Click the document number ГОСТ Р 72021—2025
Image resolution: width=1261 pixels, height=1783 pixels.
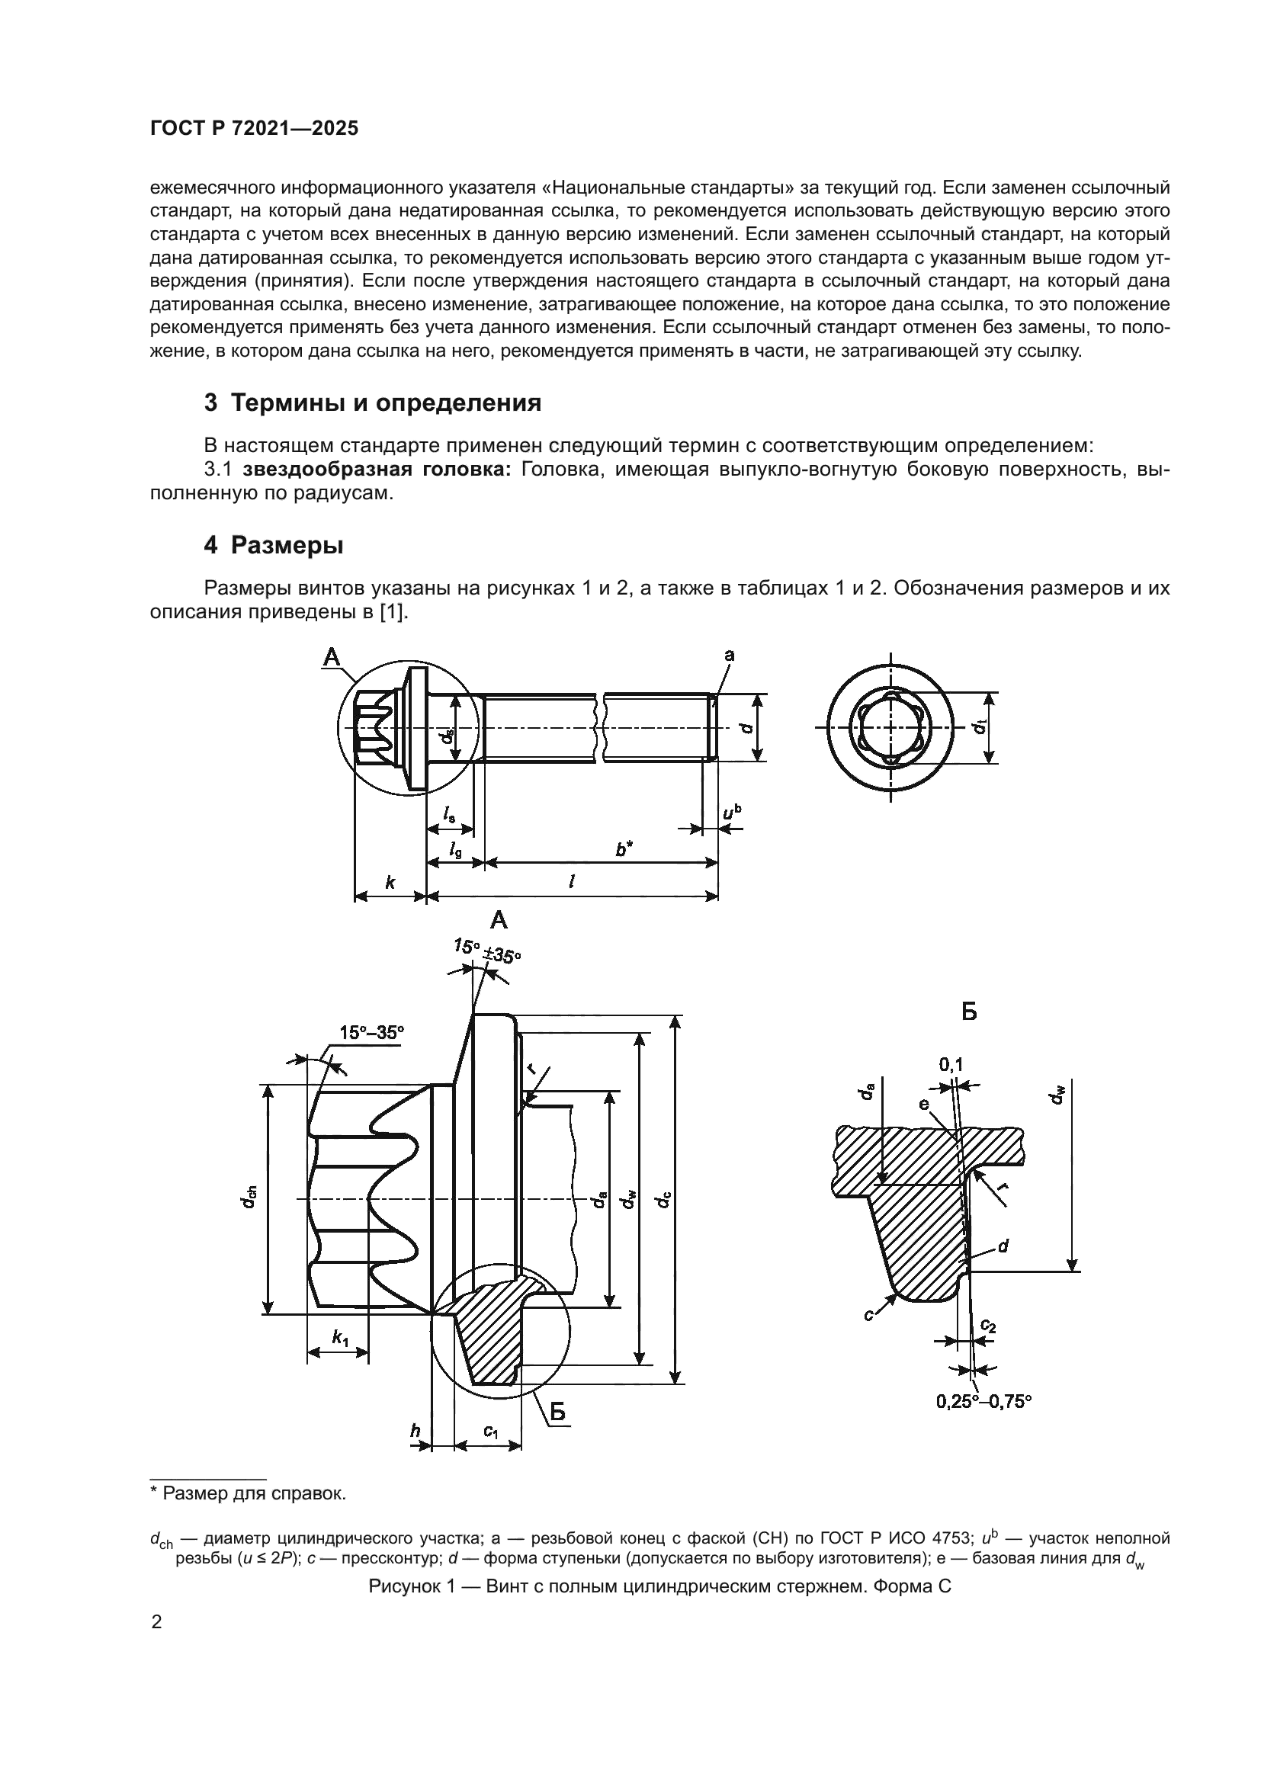pyautogui.click(x=254, y=129)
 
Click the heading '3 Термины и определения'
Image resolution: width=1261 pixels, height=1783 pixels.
pyautogui.click(x=372, y=403)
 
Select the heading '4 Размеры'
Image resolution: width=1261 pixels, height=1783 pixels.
pyautogui.click(x=274, y=546)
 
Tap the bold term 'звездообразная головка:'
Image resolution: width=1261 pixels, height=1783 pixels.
pyautogui.click(x=376, y=470)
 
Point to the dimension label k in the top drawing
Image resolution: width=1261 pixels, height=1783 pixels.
pyautogui.click(x=390, y=882)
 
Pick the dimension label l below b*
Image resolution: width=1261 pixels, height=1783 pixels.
pyautogui.click(x=572, y=882)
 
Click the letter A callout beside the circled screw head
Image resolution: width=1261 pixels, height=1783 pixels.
pyautogui.click(x=332, y=658)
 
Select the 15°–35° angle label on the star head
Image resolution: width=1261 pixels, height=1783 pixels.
pyautogui.click(x=371, y=1032)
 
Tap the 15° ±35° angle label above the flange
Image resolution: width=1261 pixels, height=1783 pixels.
pyautogui.click(x=487, y=950)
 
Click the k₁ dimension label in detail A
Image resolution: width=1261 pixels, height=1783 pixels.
pyautogui.click(x=340, y=1337)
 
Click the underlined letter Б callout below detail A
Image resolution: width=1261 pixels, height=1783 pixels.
pyautogui.click(x=558, y=1413)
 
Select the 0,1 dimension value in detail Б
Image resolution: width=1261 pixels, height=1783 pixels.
pyautogui.click(x=951, y=1066)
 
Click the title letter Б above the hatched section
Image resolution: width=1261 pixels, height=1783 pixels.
pyautogui.click(x=969, y=1012)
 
